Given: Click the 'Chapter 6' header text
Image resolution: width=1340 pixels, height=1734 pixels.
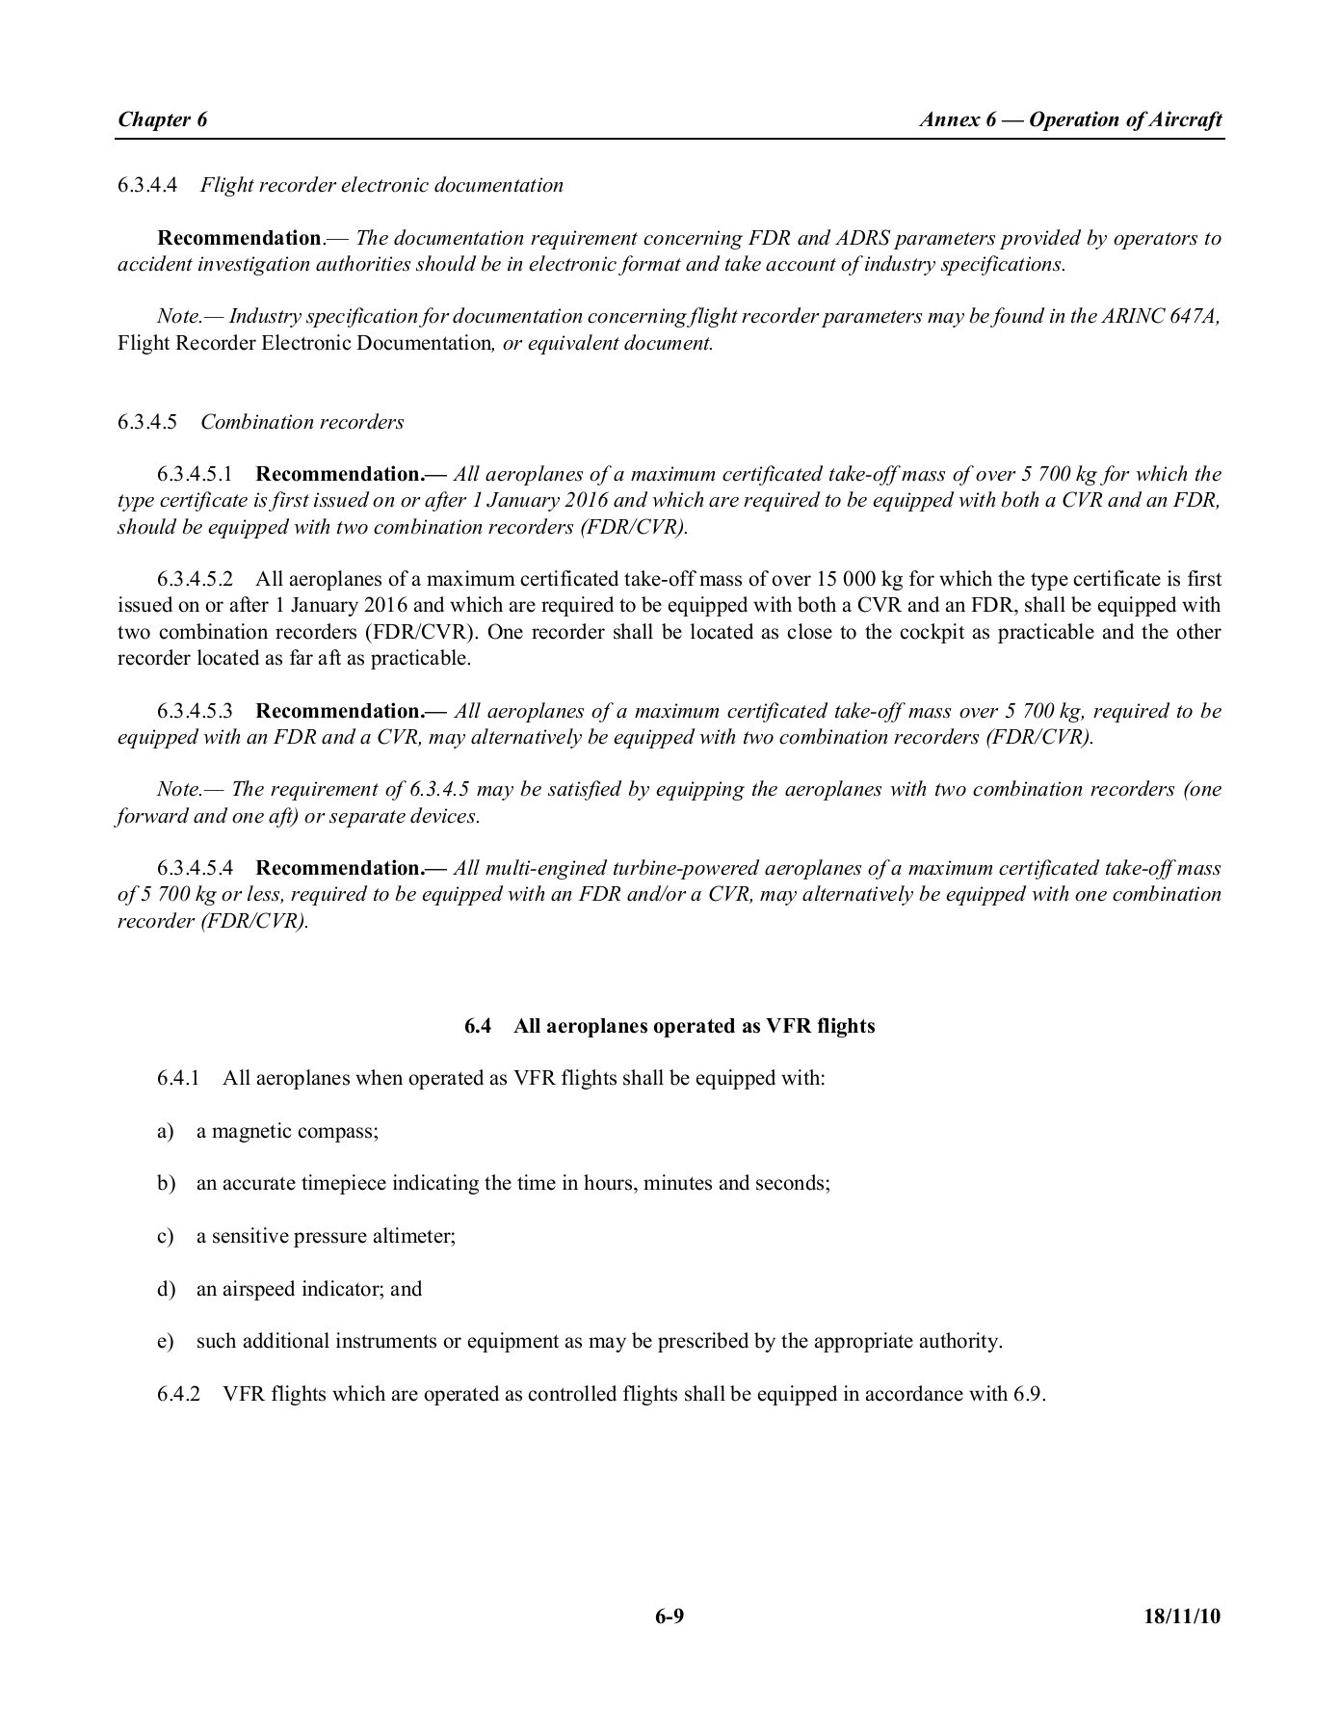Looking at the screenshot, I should [162, 119].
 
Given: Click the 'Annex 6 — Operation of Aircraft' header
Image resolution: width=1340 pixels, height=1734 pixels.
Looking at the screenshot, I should [1070, 119].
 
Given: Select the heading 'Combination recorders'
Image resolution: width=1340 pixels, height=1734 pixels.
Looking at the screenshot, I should [302, 422].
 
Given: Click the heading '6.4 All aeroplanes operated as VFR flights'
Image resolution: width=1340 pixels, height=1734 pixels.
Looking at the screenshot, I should [670, 1026].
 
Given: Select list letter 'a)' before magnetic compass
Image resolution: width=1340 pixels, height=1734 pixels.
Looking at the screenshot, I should [166, 1131].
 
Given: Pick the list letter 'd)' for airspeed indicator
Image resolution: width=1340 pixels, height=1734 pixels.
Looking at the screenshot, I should [166, 1289].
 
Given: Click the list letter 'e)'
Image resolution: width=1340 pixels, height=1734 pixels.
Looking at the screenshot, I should [166, 1342].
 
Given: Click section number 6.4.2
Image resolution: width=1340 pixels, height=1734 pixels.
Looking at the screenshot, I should [179, 1394].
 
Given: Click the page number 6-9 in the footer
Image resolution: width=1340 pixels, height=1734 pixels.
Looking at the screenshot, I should [670, 1616].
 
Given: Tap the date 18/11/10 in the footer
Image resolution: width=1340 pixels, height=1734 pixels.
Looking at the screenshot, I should [1182, 1616].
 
